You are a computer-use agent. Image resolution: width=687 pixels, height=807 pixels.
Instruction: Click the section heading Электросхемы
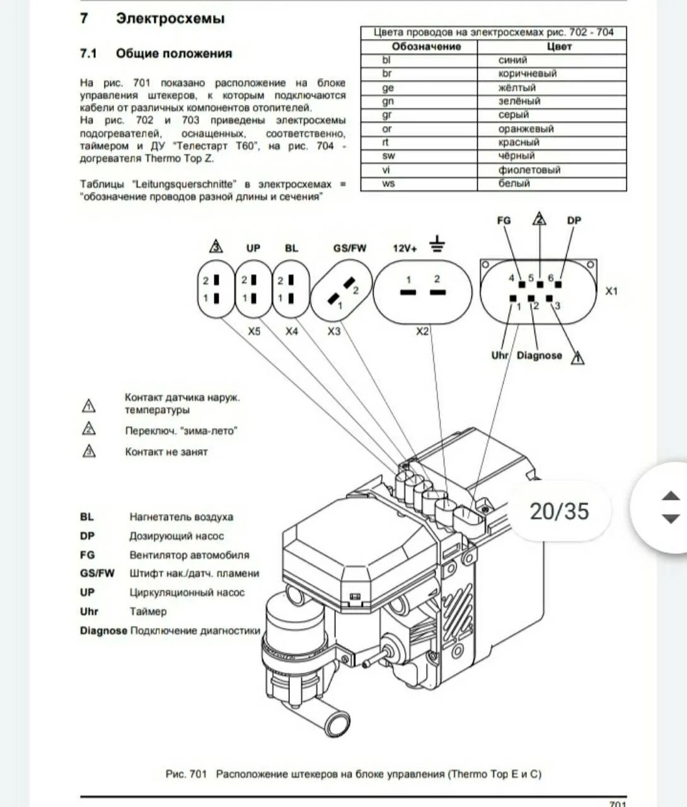(170, 19)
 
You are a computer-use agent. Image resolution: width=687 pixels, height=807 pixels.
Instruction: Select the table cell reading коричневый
(527, 74)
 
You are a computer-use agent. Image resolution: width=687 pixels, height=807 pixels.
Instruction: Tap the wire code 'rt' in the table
(386, 142)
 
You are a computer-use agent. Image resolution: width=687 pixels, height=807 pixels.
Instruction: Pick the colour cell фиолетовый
(529, 170)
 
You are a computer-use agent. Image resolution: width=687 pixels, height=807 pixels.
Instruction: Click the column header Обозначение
(426, 47)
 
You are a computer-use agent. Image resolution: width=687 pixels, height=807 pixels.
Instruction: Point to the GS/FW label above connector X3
(349, 248)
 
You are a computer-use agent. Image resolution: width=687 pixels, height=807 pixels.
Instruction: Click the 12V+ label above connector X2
(405, 248)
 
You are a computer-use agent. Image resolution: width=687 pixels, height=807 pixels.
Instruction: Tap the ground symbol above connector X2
(437, 243)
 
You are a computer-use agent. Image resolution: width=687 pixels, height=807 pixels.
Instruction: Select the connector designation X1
(611, 291)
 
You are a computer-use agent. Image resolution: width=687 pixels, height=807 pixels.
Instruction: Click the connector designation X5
(253, 331)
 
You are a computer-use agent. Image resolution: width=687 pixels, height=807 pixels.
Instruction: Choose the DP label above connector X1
(574, 221)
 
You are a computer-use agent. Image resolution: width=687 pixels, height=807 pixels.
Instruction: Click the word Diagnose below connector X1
(539, 356)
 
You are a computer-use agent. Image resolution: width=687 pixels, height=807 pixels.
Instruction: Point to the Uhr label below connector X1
(500, 356)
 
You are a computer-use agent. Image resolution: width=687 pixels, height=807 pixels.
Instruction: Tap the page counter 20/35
(558, 511)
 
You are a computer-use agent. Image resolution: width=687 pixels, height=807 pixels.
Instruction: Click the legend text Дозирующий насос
(176, 536)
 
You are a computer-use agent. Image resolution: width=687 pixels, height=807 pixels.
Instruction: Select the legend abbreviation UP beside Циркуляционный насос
(87, 592)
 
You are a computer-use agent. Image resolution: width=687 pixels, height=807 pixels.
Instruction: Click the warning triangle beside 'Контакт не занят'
(89, 451)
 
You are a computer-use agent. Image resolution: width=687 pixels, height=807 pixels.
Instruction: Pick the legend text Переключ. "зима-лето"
(181, 431)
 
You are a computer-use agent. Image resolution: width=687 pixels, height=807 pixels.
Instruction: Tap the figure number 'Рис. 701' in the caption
(186, 774)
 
